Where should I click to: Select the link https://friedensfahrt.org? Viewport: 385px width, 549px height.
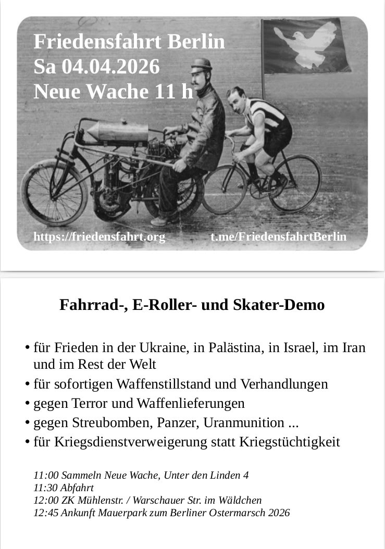coord(99,237)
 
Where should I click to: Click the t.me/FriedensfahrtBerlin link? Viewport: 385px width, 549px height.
coord(278,237)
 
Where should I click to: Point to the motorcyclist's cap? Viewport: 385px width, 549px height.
coord(201,65)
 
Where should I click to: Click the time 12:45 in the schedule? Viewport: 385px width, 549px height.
coord(45,513)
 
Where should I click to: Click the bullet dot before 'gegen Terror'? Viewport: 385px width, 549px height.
coord(27,404)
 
